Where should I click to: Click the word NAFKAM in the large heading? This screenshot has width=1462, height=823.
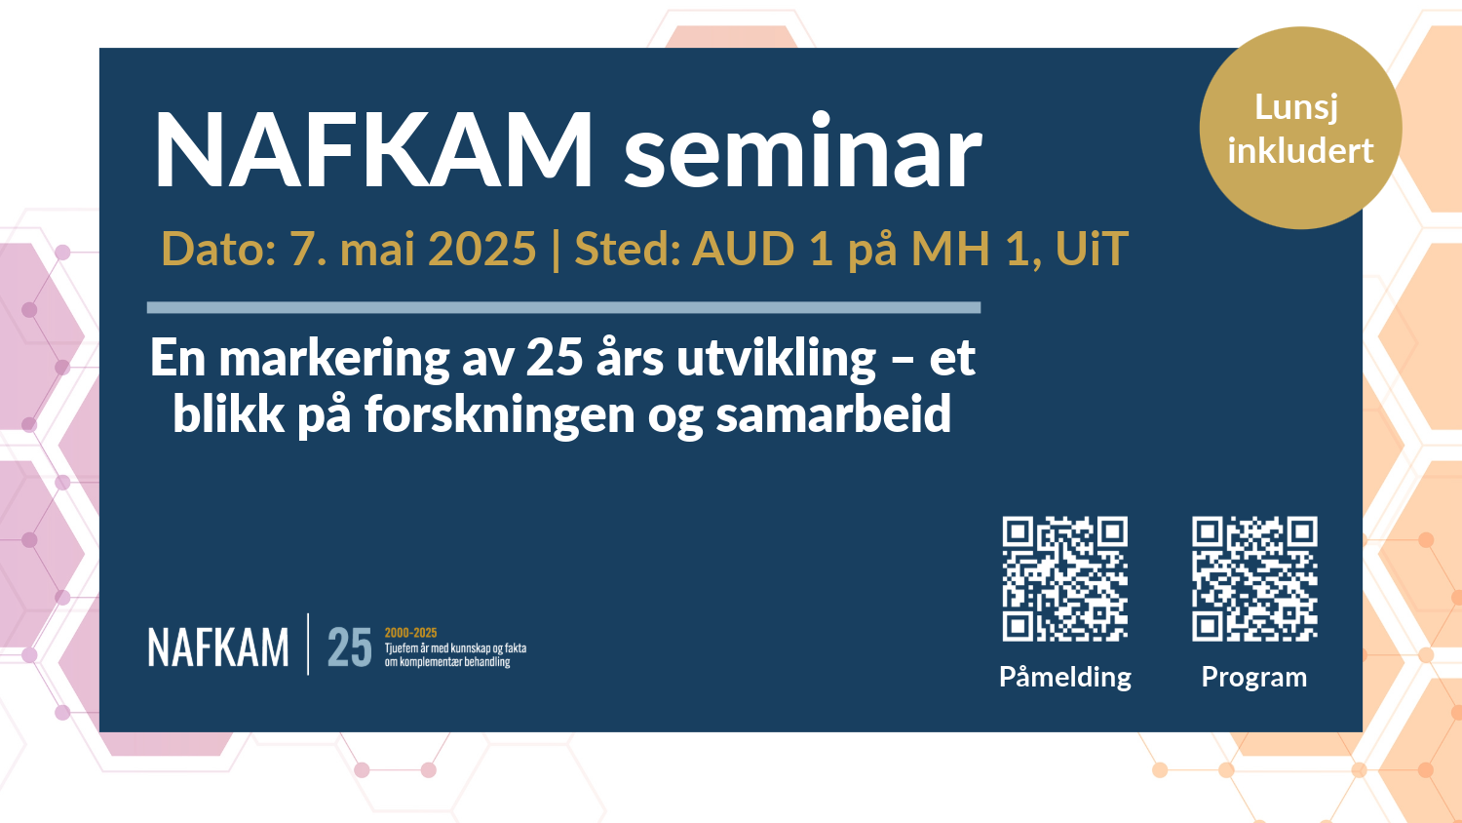pos(373,151)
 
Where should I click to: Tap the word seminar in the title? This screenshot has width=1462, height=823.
pos(802,153)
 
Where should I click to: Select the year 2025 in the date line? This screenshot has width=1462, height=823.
pos(481,249)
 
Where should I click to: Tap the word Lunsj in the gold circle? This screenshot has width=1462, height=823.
pos(1296,106)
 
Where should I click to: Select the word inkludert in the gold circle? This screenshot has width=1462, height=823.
pos(1300,150)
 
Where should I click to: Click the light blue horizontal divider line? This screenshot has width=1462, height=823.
pos(563,307)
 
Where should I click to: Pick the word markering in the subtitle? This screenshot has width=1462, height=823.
pos(333,359)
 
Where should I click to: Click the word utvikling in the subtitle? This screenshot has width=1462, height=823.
pos(777,359)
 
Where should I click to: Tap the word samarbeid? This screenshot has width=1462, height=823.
pos(833,414)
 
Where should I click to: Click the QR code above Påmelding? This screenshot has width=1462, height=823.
pos(1065,578)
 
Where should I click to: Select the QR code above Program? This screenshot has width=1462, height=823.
pos(1254,578)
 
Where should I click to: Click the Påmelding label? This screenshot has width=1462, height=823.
pos(1065,677)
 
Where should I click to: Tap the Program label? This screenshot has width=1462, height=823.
pos(1254,677)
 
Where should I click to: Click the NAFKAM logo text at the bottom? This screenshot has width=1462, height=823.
pos(218,647)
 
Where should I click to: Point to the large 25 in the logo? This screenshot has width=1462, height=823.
pos(349,647)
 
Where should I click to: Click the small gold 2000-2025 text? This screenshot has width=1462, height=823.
pos(410,633)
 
